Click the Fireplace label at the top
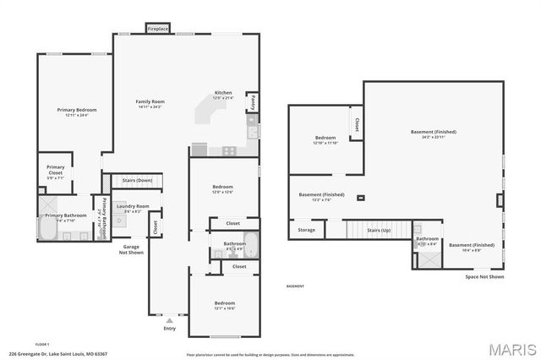coord(158,29)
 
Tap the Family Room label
coord(149,101)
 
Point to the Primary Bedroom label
coord(77,110)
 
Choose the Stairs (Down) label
coord(138,180)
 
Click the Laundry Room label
coord(133,206)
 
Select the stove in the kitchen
coord(228,150)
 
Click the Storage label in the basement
coord(306,229)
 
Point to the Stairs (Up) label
coord(377,229)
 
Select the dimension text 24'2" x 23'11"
coord(434,138)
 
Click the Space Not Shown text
coord(484,277)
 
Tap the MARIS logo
coord(505,349)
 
